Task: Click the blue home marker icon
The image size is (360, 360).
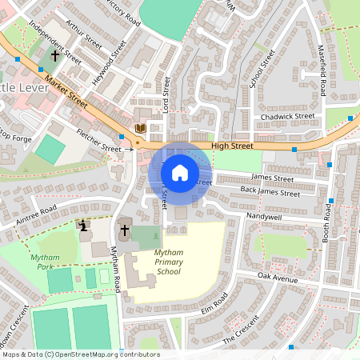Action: tap(180, 172)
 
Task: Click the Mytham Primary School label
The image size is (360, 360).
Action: tap(156, 262)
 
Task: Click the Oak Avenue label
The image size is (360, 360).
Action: tap(277, 278)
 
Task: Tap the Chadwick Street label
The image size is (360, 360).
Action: tap(288, 116)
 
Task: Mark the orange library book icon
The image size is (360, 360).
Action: tap(141, 127)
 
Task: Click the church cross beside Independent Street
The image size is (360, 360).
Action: tap(54, 56)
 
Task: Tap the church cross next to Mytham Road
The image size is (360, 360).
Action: tap(124, 230)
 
